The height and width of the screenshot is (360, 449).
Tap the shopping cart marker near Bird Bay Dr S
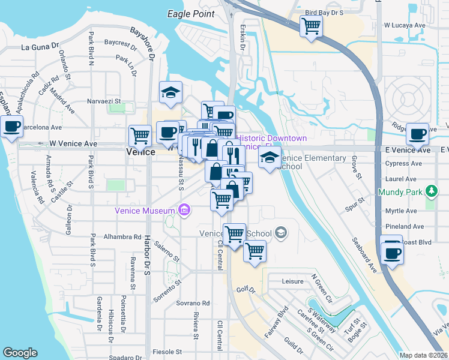pos(312,26)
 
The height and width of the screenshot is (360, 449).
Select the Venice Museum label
pos(145,210)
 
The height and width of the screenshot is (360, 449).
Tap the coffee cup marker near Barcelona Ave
pos(11,127)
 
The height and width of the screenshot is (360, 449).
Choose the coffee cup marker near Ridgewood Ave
pos(417,133)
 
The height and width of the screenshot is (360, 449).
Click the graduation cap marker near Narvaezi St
pos(170,93)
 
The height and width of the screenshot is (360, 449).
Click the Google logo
pos(20,352)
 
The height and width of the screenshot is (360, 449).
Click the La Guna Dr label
pos(41,46)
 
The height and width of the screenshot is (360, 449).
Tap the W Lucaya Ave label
pos(404,26)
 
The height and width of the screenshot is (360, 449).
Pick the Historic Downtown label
pos(273,139)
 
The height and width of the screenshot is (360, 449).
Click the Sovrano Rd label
pos(192,304)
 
